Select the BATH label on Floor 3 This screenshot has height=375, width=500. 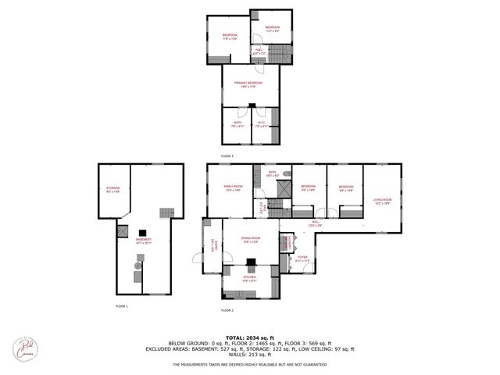tap(237, 123)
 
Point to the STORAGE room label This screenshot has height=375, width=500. tap(112, 190)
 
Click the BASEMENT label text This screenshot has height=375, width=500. tap(143, 241)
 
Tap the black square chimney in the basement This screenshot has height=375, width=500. tap(143, 232)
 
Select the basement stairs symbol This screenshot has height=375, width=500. tap(165, 213)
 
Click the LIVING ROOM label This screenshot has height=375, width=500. tap(381, 201)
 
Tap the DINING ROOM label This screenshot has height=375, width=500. tap(250, 240)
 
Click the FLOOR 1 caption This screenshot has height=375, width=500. tap(122, 306)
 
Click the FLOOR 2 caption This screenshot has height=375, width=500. tap(227, 310)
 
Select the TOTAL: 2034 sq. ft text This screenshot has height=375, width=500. tap(250, 337)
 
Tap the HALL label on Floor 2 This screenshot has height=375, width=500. tap(316, 223)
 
